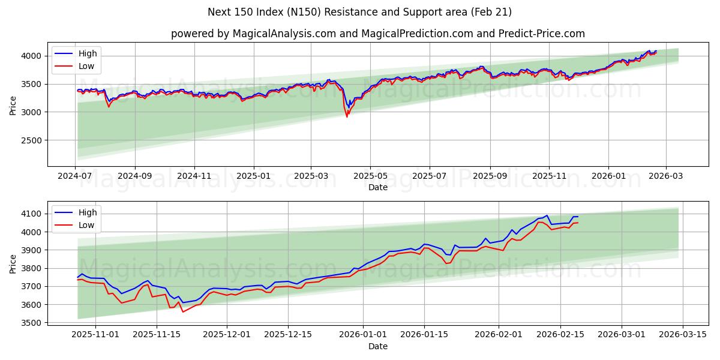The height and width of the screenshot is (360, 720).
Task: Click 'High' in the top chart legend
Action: click(87, 53)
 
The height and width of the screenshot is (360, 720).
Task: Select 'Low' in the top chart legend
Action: click(86, 66)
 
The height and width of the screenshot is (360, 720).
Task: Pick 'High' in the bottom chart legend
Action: click(87, 212)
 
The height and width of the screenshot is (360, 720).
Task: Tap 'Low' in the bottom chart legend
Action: click(86, 225)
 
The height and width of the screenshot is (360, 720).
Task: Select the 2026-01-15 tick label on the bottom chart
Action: click(424, 334)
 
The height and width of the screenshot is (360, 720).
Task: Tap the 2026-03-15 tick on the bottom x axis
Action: click(683, 334)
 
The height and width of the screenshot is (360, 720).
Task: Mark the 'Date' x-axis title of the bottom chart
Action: click(377, 346)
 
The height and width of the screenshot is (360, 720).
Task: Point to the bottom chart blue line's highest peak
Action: click(547, 215)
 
